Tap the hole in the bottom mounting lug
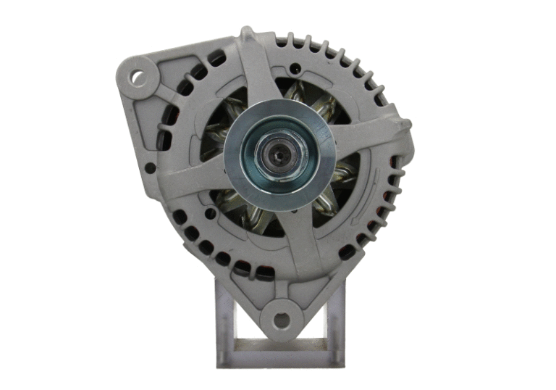click(278, 318)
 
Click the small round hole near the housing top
click(295, 70)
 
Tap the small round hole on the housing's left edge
click(149, 168)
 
